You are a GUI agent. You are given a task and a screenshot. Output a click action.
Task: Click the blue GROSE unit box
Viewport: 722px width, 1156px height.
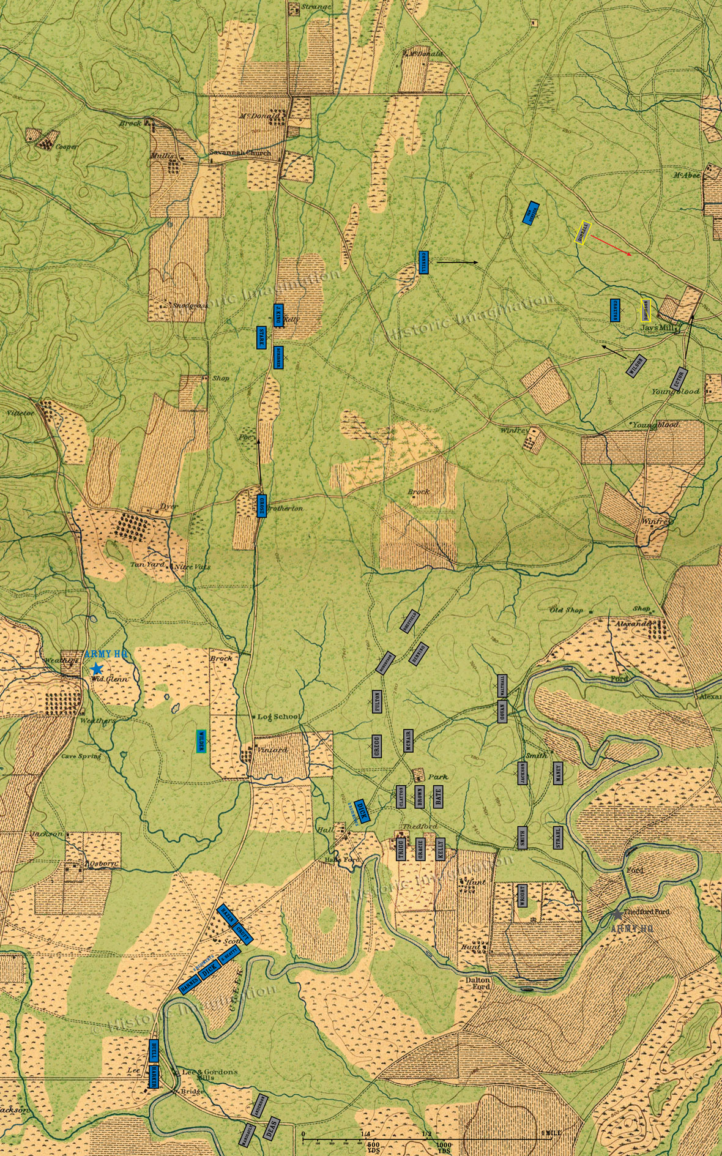(261, 505)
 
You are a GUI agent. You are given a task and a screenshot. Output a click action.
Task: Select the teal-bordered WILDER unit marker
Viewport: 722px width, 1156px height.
(201, 740)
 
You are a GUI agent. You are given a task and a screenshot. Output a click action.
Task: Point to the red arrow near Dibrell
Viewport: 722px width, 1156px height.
(612, 244)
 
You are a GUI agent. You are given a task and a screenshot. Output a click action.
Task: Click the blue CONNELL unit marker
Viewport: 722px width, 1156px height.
(423, 262)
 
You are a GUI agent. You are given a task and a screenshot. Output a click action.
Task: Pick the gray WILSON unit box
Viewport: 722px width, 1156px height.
(635, 365)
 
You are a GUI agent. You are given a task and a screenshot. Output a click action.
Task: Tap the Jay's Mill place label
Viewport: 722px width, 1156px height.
(657, 328)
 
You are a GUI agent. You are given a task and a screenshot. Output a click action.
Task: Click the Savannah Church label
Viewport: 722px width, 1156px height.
(240, 153)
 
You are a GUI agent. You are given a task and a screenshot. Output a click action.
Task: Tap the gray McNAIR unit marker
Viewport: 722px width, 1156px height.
(408, 740)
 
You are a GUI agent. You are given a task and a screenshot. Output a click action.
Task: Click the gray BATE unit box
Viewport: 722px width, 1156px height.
(438, 796)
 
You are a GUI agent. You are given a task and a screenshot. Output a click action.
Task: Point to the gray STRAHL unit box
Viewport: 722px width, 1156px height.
(558, 837)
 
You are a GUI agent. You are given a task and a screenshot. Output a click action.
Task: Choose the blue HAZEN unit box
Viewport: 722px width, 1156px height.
(227, 915)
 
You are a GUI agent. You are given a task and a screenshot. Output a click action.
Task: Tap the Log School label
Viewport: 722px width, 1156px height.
(279, 717)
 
